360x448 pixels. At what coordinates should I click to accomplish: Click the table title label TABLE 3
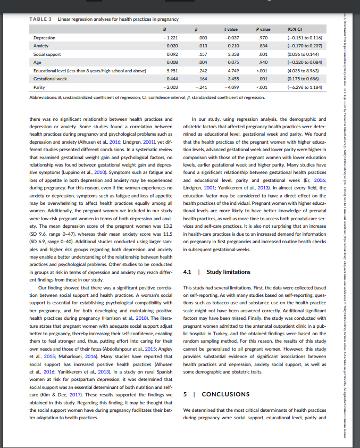point(40,20)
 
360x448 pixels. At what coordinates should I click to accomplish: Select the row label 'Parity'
point(39,86)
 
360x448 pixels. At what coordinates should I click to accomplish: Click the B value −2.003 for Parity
point(171,86)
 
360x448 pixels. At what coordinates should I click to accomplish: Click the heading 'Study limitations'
point(228,272)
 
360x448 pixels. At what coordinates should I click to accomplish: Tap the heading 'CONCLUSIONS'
point(225,394)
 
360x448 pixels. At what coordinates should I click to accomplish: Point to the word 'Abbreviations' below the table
point(44,97)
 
